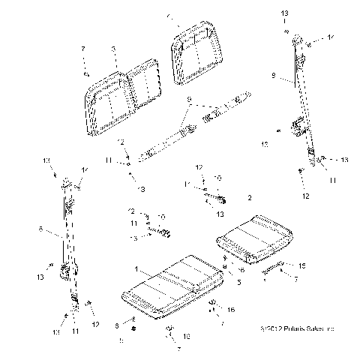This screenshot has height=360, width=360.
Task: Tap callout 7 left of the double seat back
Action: coord(83,49)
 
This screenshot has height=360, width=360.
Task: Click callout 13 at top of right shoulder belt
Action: coord(283,13)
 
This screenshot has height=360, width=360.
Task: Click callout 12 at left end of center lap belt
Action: coord(120,142)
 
